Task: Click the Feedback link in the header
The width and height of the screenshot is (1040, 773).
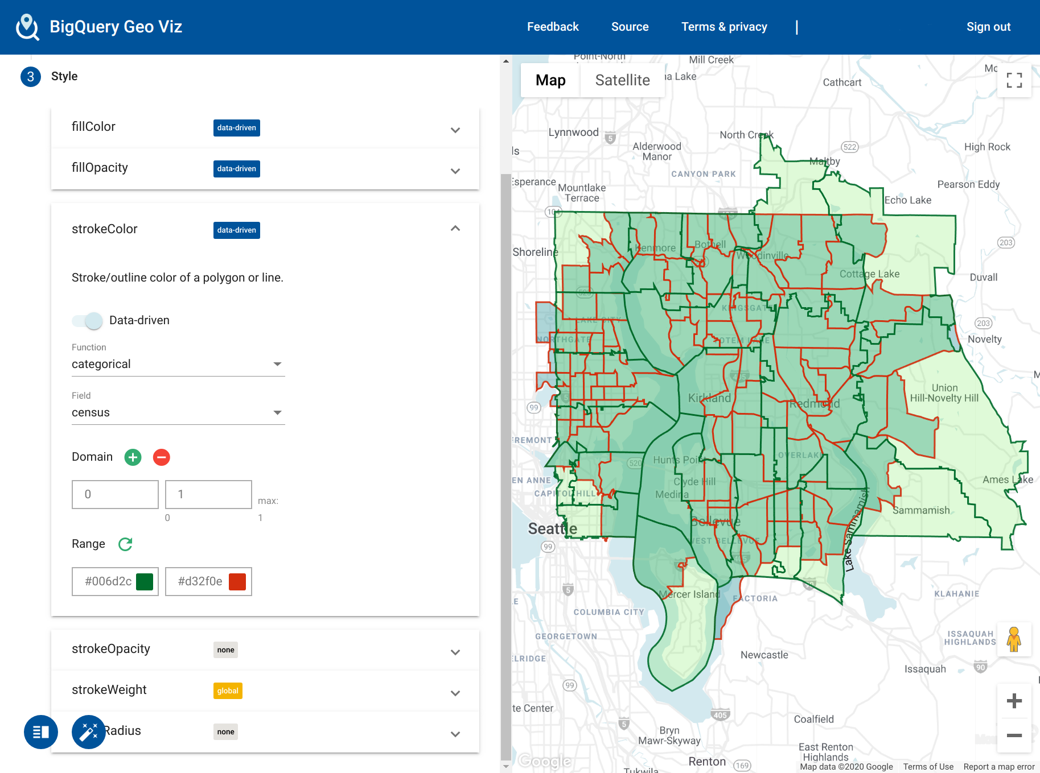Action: point(552,27)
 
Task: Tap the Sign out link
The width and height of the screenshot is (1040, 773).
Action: point(988,27)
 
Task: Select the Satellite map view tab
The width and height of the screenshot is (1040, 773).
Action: point(622,80)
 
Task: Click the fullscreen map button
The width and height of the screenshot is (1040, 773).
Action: point(1014,80)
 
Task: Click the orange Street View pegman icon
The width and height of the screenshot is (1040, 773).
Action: point(1013,639)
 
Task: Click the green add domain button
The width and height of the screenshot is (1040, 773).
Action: point(133,457)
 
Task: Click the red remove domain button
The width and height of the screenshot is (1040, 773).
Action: point(162,457)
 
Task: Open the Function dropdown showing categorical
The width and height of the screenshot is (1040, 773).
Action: point(178,364)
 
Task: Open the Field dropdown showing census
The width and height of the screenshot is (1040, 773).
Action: point(178,412)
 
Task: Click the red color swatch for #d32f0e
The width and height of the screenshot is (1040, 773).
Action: point(237,581)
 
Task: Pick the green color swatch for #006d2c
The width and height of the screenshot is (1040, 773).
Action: point(145,581)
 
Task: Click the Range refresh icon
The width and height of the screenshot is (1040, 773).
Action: point(125,544)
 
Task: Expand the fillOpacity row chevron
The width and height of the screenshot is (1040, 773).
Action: point(455,171)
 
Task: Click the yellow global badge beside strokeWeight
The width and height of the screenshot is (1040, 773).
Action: point(228,691)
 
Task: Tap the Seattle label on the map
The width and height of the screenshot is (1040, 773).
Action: point(552,529)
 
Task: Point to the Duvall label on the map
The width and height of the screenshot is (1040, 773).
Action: point(983,278)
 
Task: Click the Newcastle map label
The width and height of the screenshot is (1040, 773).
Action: point(764,655)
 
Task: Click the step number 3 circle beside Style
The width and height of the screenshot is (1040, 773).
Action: point(31,77)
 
